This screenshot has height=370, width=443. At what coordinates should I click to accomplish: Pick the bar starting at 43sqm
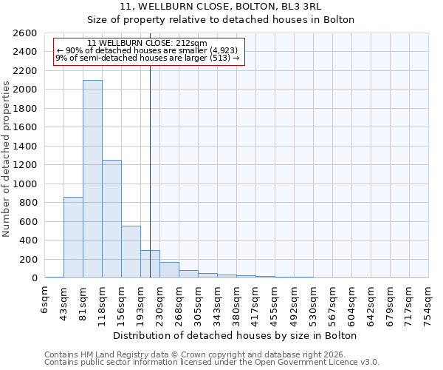tap(73, 237)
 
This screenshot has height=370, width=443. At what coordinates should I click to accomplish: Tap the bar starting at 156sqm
tap(131, 252)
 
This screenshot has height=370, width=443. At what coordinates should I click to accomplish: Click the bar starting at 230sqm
tap(169, 269)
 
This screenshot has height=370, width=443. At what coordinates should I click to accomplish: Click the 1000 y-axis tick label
tap(27, 184)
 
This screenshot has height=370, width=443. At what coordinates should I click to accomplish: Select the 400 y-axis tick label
tap(30, 240)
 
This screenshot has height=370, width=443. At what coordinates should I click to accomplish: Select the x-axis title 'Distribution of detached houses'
tap(236, 335)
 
